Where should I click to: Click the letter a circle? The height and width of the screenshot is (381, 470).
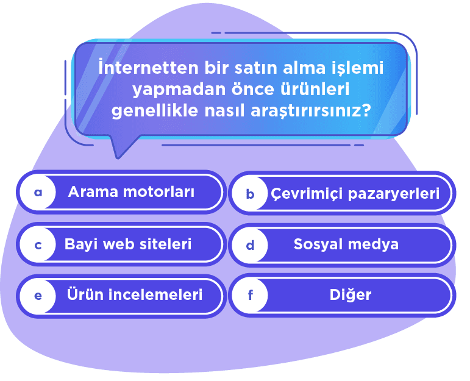[x=38, y=193]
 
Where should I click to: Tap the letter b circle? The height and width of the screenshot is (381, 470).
[x=250, y=194]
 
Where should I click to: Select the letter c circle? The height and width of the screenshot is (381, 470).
[x=38, y=245]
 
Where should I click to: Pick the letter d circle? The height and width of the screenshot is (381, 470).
[x=250, y=246]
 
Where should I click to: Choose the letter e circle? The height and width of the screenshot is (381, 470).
[x=38, y=296]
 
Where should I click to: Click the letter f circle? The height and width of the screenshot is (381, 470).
[x=250, y=296]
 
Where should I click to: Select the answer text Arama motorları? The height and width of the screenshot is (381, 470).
[x=131, y=192]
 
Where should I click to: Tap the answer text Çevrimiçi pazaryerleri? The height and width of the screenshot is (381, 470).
[x=355, y=194]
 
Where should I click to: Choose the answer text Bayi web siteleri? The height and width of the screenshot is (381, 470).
[x=128, y=244]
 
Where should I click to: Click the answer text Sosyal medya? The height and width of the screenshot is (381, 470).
[x=346, y=244]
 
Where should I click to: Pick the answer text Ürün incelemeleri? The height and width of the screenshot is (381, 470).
[x=135, y=295]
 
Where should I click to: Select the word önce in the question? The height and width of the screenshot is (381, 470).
[x=235, y=90]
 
